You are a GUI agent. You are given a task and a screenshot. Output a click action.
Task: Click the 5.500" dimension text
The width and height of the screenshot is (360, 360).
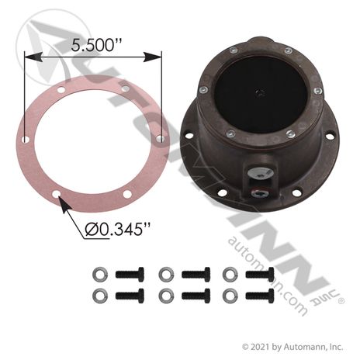coord(96,44)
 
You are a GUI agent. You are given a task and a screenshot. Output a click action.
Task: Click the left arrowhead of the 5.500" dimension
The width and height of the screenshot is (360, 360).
coord(33,57)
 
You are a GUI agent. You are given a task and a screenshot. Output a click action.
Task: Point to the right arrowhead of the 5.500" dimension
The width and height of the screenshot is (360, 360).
coord(153,57)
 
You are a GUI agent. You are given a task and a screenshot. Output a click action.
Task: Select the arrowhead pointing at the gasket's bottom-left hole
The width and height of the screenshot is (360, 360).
coord(64,205)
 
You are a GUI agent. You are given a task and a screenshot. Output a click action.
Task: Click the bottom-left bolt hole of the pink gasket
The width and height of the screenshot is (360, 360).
coord(56,194)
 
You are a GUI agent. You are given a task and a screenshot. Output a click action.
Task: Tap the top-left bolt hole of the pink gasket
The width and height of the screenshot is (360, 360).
coord(61,90)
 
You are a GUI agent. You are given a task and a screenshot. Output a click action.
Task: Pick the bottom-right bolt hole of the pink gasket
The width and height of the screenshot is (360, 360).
coord(127,194)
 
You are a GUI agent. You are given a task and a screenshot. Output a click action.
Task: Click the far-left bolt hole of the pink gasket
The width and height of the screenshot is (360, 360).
coord(25,140)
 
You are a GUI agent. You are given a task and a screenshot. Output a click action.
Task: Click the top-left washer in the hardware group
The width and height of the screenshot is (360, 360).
coord(100,274)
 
